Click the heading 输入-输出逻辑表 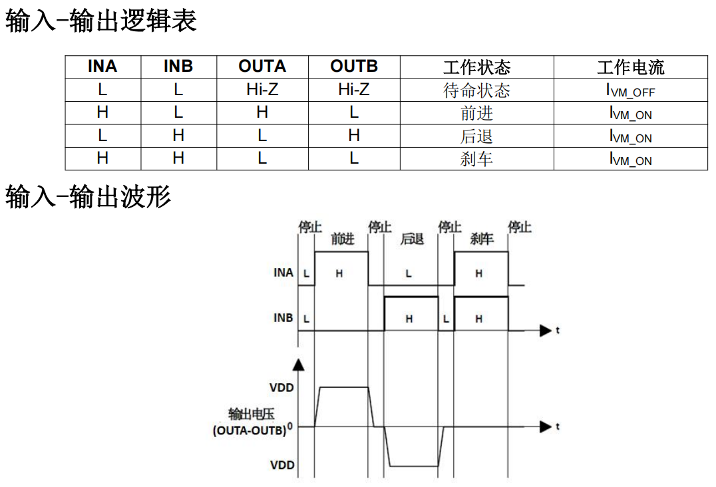tap(101, 22)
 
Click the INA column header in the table tap(102, 67)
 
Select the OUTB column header tap(353, 67)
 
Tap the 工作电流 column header tap(630, 67)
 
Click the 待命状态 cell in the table tap(476, 90)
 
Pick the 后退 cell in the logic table tap(476, 136)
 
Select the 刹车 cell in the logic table tap(476, 158)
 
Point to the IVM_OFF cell tap(630, 91)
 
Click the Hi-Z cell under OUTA tap(262, 90)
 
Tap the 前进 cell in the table tap(476, 113)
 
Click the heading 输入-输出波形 tap(88, 197)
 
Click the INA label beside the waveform tap(283, 273)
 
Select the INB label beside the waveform tap(283, 318)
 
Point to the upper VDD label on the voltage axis tap(282, 387)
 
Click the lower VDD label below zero tap(282, 465)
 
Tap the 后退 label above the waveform tap(412, 239)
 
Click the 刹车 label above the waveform tap(481, 239)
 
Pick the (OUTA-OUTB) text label tap(250, 430)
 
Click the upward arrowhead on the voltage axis tap(299, 365)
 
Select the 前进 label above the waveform tap(343, 239)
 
